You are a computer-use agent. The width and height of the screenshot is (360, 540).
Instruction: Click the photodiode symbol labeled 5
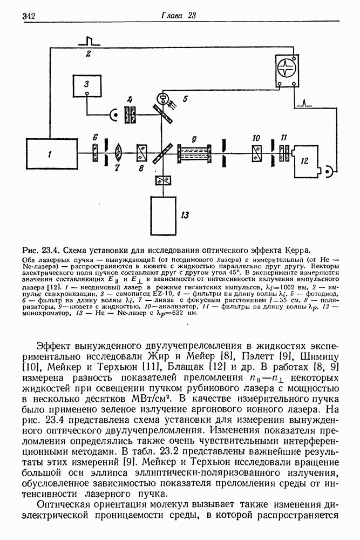point(161,98)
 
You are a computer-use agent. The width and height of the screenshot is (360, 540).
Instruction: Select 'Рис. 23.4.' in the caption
point(40,250)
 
